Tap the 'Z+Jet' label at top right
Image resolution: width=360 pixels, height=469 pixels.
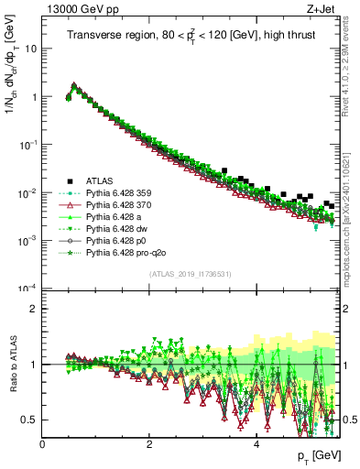point(323,9)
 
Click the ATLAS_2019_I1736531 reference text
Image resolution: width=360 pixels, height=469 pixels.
point(191,275)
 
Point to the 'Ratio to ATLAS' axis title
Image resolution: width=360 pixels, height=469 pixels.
point(12,365)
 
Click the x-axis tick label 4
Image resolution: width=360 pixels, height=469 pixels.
point(256,444)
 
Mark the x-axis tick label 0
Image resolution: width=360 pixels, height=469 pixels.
point(43,444)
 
